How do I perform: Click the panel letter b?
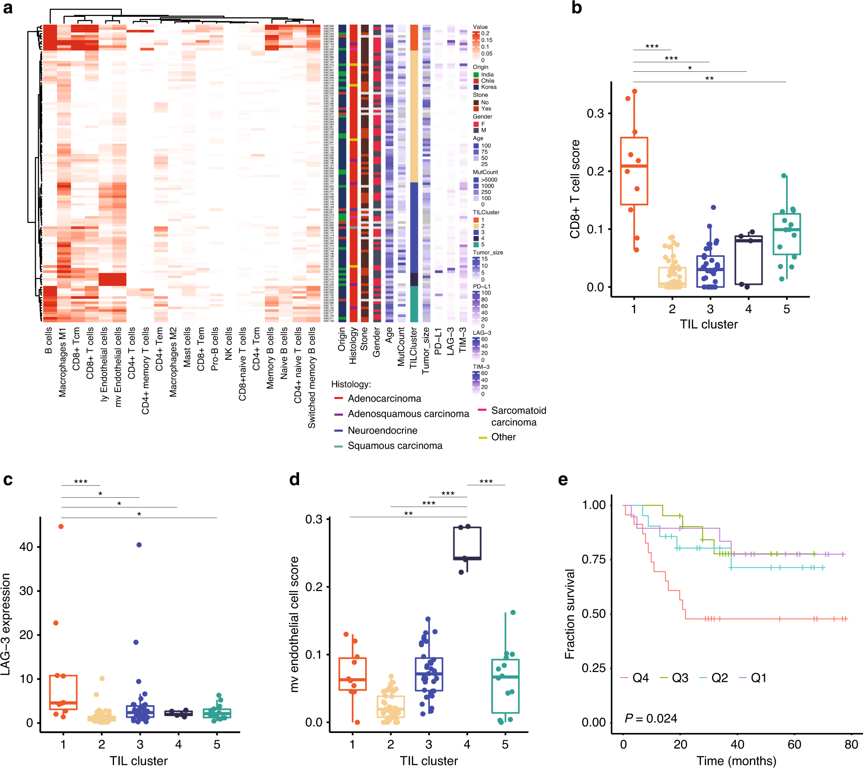point(576,8)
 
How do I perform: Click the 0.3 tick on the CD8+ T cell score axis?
point(595,114)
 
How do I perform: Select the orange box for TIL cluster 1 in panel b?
point(634,171)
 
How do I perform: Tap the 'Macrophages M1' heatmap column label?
point(63,362)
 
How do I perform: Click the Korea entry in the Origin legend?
point(488,87)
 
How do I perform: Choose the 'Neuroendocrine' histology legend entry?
point(382,431)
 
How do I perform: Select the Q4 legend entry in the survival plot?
point(640,678)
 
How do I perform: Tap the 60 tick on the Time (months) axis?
point(794,745)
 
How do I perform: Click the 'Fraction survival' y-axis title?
point(570,614)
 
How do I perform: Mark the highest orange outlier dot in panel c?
point(61,527)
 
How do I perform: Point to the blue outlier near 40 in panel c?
point(139,545)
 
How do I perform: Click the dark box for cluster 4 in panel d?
point(467,543)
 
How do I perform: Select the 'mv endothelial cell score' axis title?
point(295,624)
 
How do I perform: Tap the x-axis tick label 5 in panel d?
point(505,745)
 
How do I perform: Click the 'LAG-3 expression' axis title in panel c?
point(6,624)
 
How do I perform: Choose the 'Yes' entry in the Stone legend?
point(486,109)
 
